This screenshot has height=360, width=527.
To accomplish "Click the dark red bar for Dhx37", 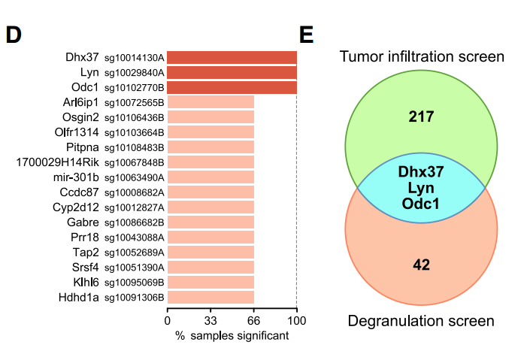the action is tap(232, 57).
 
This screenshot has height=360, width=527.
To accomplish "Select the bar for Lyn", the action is tap(232, 73).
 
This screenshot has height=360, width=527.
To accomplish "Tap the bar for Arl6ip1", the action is tap(210, 102).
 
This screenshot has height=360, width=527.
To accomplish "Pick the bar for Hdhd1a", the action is tap(210, 298).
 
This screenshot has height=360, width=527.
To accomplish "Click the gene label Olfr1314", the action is tap(77, 132).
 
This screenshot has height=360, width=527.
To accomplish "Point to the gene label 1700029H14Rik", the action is tap(57, 162).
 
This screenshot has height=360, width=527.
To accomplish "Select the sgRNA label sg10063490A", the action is tap(135, 178).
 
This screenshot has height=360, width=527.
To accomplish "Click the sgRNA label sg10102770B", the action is tap(135, 88).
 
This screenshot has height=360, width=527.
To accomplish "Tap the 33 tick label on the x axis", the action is tap(210, 321).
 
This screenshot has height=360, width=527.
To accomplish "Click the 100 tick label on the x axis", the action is tap(297, 321).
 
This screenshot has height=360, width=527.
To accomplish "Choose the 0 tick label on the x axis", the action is tap(168, 321).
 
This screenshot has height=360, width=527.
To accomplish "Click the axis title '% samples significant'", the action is tap(232, 336).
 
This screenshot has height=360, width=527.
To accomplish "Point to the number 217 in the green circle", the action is tap(421, 116).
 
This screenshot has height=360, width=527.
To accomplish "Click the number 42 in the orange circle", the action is tap(421, 265).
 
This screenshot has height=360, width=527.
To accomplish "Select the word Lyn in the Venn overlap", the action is tap(421, 188).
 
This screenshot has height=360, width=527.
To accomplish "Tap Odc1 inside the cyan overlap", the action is tap(421, 204).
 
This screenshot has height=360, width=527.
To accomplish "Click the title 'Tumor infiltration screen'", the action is tap(422, 56).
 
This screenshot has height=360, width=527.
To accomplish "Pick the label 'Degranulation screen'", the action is tap(421, 322).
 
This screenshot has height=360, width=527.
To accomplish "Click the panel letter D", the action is tap(14, 35).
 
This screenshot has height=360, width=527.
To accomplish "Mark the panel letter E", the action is tap(306, 35).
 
